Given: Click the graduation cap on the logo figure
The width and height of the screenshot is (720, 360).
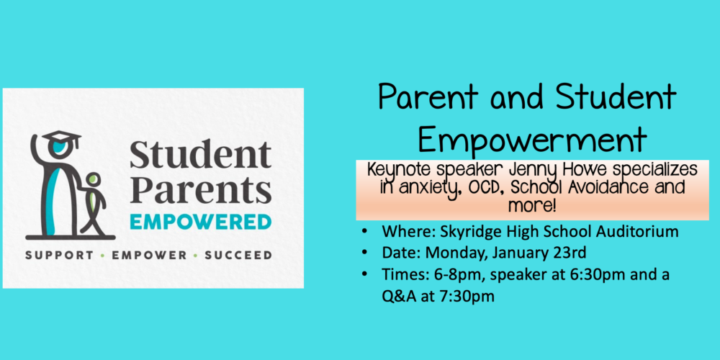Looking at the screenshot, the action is [61, 138].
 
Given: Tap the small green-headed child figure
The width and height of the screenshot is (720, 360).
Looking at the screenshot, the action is [94, 204].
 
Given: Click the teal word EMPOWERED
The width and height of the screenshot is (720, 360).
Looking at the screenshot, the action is [201, 222].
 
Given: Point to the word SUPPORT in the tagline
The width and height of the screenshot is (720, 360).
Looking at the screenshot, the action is [59, 256].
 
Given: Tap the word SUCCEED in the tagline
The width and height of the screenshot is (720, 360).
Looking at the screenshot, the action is [238, 256].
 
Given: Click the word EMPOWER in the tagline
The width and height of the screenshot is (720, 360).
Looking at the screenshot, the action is [149, 256].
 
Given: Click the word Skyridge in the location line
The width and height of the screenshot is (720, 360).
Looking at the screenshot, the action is [461, 233].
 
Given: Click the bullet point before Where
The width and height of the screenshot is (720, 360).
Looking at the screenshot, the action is [364, 231].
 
